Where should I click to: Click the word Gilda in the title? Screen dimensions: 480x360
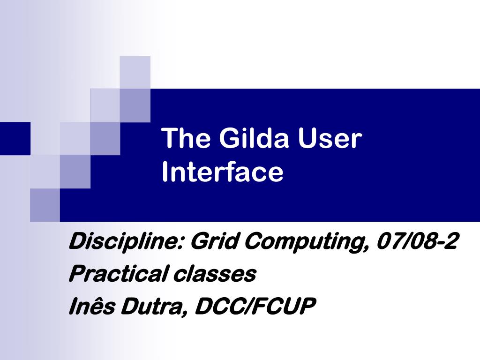[x=254, y=138]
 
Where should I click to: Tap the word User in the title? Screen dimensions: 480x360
[x=330, y=138]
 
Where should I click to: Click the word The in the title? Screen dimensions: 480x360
[x=186, y=138]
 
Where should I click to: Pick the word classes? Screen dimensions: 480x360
[x=215, y=274]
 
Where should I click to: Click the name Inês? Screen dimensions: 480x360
[x=92, y=306]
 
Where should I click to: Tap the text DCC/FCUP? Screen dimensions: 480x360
[x=255, y=306]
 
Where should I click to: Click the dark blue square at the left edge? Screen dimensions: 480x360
[x=15, y=138]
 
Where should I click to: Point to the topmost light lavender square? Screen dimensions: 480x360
[x=135, y=73]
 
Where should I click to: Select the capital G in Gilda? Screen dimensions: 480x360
[x=230, y=138]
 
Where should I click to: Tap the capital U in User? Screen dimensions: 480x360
[x=307, y=139]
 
